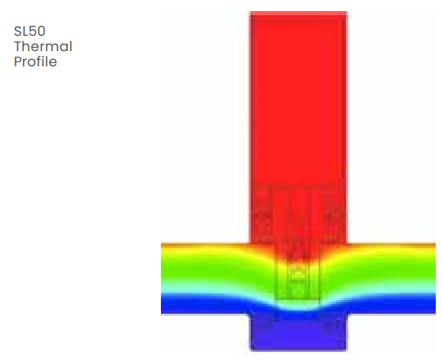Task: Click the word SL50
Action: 30,31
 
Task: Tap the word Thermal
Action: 43,46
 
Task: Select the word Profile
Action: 35,61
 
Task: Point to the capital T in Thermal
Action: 18,46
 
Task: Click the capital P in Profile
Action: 17,61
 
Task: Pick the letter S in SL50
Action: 17,31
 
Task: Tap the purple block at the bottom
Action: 298,333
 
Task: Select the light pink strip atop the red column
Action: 298,14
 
